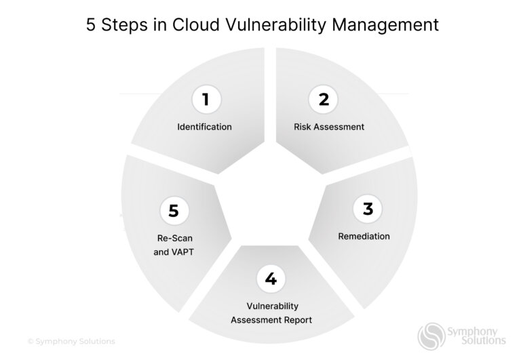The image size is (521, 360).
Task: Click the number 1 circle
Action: pyautogui.click(x=204, y=100)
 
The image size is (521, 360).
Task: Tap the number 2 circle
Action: pyautogui.click(x=324, y=100)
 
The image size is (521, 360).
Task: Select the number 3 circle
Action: pyautogui.click(x=368, y=209)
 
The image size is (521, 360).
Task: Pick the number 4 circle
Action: pyautogui.click(x=271, y=279)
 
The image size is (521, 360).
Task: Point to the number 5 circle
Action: pyautogui.click(x=174, y=211)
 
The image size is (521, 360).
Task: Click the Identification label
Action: pyautogui.click(x=204, y=127)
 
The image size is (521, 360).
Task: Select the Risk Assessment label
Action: pyautogui.click(x=329, y=127)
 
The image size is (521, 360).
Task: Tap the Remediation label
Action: pyautogui.click(x=364, y=237)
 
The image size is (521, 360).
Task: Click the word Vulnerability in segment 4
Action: pyautogui.click(x=271, y=306)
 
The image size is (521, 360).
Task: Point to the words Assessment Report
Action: pyautogui.click(x=271, y=320)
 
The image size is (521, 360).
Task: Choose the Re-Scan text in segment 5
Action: pyautogui.click(x=174, y=238)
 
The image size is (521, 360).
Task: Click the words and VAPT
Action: pyautogui.click(x=174, y=252)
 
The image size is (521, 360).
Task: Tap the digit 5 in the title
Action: pyautogui.click(x=91, y=26)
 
